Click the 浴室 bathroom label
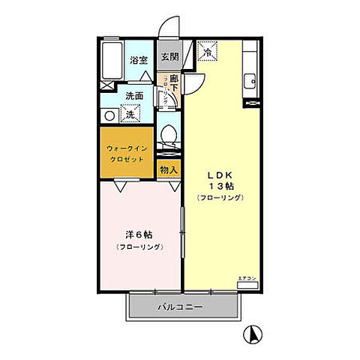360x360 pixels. [x=139, y=59]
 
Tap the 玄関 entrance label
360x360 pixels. [x=169, y=57]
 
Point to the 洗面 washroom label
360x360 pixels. [x=134, y=96]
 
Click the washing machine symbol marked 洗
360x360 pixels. [x=130, y=115]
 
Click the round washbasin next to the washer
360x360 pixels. [x=109, y=115]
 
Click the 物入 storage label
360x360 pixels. [x=169, y=170]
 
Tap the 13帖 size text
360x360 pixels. [x=220, y=185]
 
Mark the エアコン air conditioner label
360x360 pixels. [x=246, y=279]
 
